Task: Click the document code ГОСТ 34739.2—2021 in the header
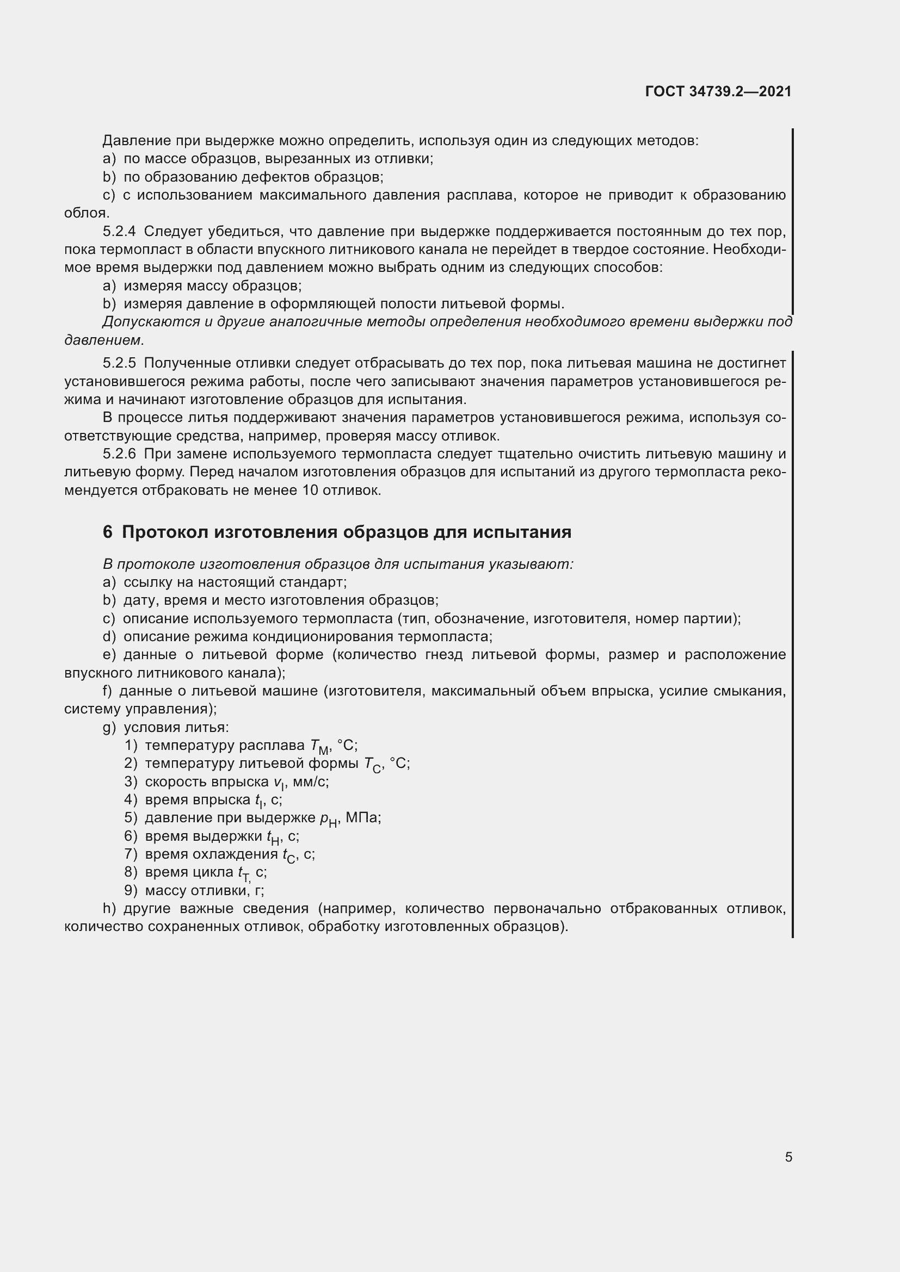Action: coord(718,91)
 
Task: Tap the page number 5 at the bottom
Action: coord(788,1157)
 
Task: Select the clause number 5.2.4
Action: coord(119,232)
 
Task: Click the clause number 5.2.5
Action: coord(119,363)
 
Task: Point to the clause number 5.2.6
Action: coord(119,454)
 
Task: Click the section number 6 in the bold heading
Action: coord(108,532)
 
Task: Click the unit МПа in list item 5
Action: coord(363,818)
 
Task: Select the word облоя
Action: coord(87,213)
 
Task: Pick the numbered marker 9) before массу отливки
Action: coord(131,891)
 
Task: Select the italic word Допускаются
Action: coord(151,322)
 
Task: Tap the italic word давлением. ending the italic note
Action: coord(104,340)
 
